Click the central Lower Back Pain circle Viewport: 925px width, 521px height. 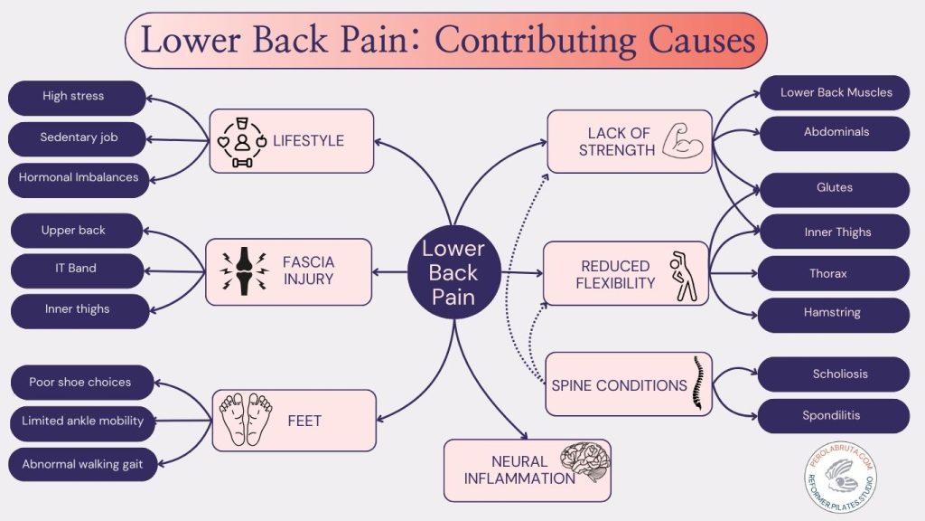pos(453,272)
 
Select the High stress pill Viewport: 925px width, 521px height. pos(76,97)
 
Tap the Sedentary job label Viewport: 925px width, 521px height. pos(79,138)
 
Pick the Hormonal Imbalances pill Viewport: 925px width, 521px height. pos(78,178)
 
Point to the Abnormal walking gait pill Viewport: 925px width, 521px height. pos(82,464)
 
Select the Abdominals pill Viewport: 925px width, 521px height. pos(836,132)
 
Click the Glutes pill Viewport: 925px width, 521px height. pos(834,188)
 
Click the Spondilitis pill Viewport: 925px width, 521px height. pos(831,416)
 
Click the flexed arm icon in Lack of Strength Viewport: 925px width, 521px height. pos(681,142)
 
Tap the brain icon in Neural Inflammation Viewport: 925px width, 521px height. pos(584,460)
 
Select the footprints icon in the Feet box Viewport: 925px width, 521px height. pos(246,418)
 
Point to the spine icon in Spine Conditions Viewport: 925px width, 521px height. pos(697,384)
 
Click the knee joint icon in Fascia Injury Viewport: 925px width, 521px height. pos(243,270)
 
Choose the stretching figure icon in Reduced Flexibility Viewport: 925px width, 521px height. pos(682,276)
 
